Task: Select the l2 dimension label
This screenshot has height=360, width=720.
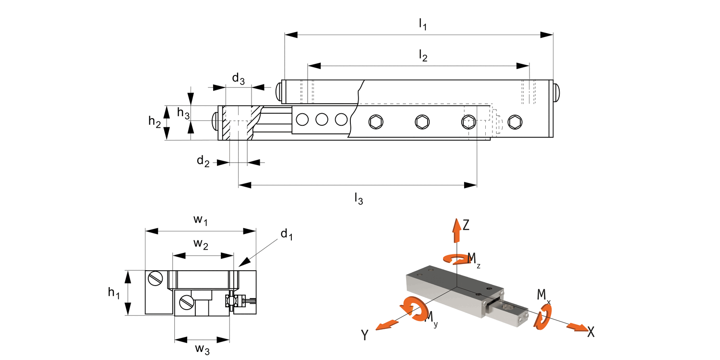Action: (422, 57)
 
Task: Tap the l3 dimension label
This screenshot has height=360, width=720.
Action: (358, 198)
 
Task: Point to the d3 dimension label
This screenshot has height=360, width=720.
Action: (239, 79)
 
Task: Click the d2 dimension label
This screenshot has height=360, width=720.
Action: (203, 161)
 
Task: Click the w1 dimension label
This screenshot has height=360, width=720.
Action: (201, 220)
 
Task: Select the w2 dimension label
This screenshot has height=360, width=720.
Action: (201, 244)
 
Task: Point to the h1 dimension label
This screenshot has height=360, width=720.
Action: (114, 292)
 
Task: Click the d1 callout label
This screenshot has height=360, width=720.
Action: (287, 235)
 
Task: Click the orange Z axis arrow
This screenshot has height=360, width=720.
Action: (454, 230)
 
